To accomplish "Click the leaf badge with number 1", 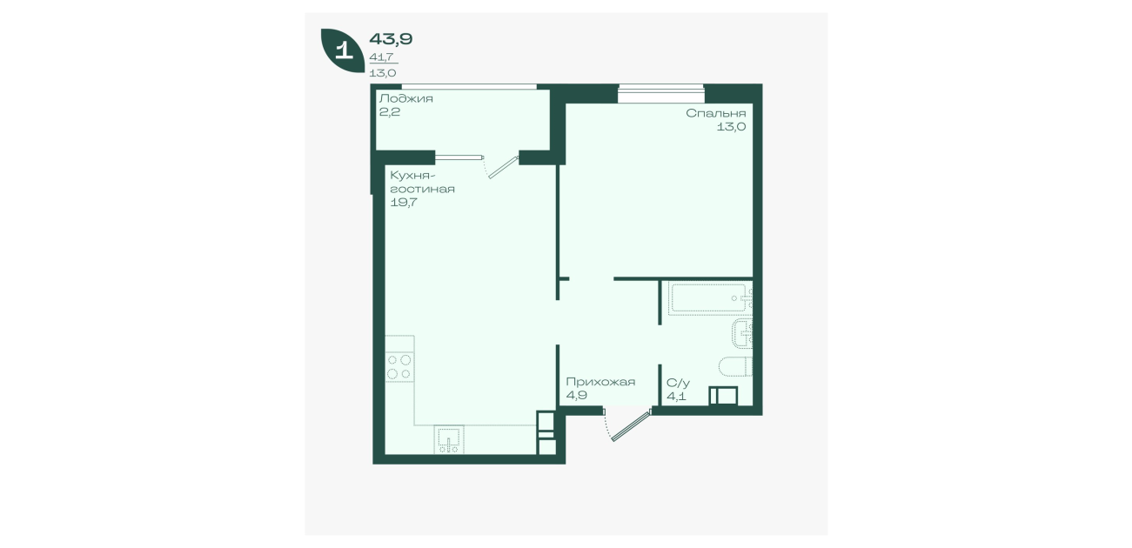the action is pos(343,50).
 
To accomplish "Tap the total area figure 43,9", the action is pos(391,39).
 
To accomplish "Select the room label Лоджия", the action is pos(405,98).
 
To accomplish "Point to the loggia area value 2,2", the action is pos(389,112).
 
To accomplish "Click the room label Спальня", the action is pos(715,114).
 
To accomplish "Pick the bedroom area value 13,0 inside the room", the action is pos(731,127).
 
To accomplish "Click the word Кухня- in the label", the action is pos(410,177).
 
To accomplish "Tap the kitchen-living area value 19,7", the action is pos(403,203).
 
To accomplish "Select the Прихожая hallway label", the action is pos(600,383).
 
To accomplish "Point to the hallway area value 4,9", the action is pos(576,396).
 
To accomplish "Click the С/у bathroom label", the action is pos(678,383).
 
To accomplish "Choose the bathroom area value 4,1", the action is pos(676,397).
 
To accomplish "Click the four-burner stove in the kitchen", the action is pos(399,367).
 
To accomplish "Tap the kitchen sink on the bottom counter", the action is pos(449,440).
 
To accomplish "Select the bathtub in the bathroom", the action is pos(710,298).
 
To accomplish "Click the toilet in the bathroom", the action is pos(736,366).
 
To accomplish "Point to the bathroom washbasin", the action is pos(743,333).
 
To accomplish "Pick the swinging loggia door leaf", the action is pos(503,168).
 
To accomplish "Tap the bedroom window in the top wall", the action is pos(661,94).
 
